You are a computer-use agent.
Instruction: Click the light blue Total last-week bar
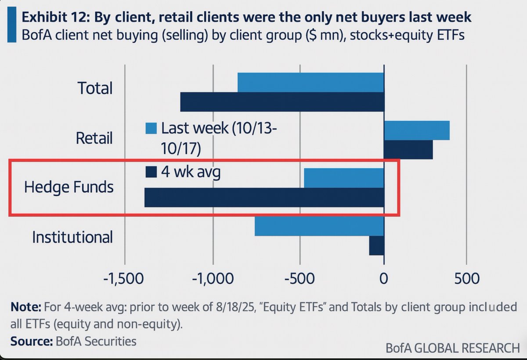[310, 82]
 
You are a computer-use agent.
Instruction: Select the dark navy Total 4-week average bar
[282, 102]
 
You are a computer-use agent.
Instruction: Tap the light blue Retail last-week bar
[417, 130]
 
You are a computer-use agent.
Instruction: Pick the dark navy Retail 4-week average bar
[408, 150]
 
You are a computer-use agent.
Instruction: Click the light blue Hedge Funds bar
[344, 177]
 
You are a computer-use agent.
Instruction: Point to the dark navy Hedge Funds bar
[264, 197]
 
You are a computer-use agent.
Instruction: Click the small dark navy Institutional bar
[377, 245]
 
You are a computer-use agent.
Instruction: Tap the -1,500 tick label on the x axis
[125, 279]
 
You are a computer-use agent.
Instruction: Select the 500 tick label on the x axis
[466, 279]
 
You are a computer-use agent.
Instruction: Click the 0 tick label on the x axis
[384, 279]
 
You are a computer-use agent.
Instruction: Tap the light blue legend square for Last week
[151, 128]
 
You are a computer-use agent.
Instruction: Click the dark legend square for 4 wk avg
[151, 172]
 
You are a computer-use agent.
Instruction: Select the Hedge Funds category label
[69, 187]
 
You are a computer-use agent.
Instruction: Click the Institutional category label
[72, 237]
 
